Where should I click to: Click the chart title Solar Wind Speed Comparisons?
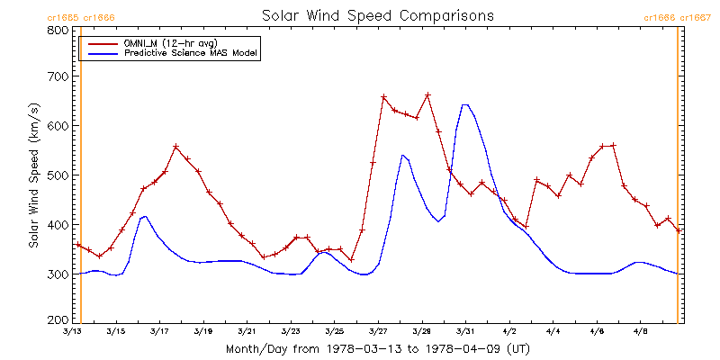[377, 16]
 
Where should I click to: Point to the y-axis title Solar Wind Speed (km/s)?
[33, 175]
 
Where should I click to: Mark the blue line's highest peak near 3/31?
[464, 104]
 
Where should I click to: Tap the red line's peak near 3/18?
[176, 147]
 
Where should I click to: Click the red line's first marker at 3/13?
[78, 245]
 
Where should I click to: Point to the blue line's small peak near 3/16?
[144, 216]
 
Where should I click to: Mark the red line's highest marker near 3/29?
[427, 95]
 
